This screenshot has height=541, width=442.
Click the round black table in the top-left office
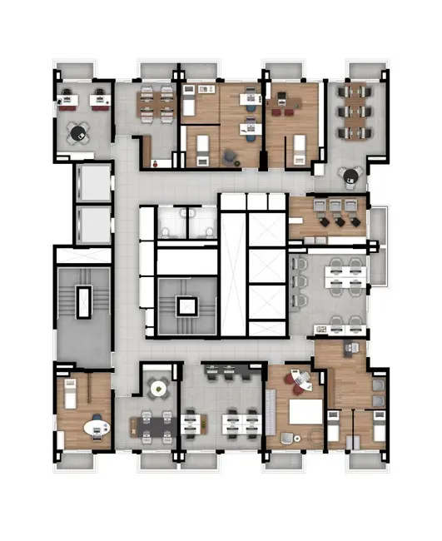pyautogui.click(x=79, y=132)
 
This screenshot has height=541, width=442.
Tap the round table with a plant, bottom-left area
pyautogui.click(x=157, y=387)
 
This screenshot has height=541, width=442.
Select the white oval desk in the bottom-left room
pyautogui.click(x=97, y=430)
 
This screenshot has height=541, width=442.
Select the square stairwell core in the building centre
pyautogui.click(x=186, y=306)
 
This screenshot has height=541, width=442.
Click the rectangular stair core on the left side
pyautogui.click(x=83, y=300)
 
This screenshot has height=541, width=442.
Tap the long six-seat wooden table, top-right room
pyautogui.click(x=355, y=111)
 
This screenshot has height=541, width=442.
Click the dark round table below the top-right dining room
pyautogui.click(x=350, y=176)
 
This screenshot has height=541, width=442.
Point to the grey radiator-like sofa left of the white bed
pyautogui.click(x=270, y=408)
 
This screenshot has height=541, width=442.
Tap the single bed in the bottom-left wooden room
pyautogui.click(x=72, y=390)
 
